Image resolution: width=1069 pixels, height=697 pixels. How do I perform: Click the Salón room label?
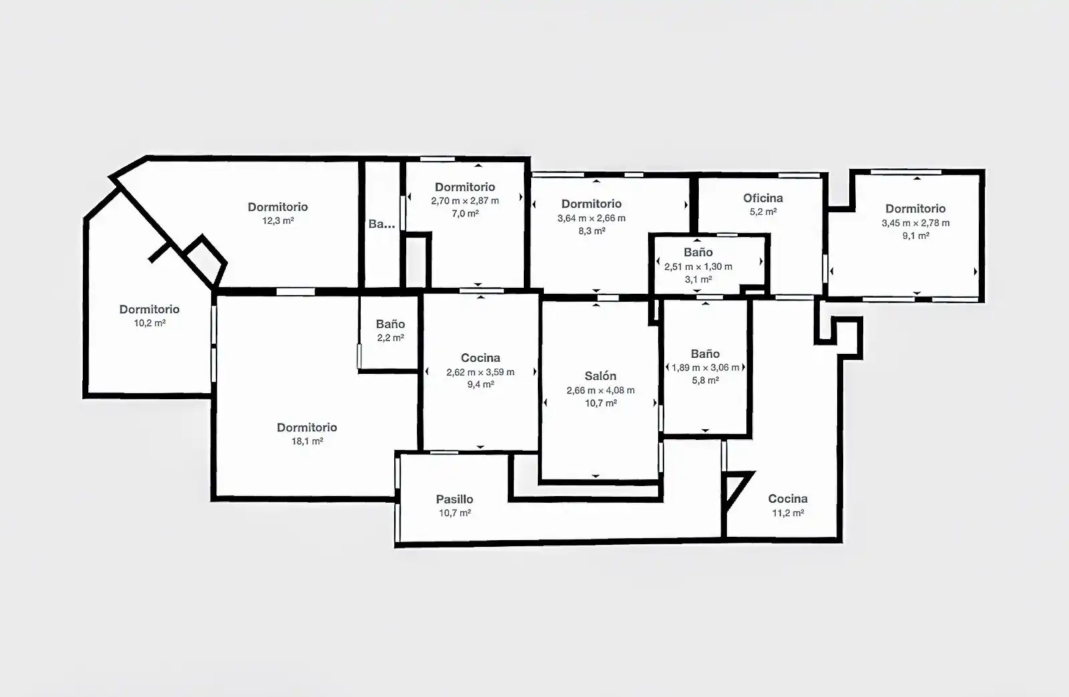click(601, 376)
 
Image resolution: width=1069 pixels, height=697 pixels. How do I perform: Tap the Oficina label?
click(762, 198)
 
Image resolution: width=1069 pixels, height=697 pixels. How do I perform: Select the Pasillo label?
click(454, 499)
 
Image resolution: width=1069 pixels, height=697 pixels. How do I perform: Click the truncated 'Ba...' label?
click(381, 224)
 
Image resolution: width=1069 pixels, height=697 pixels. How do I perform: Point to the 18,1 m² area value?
click(307, 441)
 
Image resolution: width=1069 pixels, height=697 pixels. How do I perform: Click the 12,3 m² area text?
click(278, 221)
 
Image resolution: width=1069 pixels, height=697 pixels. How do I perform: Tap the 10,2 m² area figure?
click(150, 322)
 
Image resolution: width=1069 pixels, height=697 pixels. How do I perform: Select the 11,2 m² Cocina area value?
click(788, 513)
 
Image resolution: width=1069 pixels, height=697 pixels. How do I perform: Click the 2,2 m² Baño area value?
click(390, 338)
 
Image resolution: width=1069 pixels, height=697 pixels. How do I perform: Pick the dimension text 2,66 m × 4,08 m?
click(601, 391)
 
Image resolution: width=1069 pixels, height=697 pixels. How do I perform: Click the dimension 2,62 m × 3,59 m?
click(480, 372)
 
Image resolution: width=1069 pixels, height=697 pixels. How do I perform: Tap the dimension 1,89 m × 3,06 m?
click(706, 368)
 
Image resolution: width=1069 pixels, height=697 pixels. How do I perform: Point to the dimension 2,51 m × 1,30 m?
click(698, 266)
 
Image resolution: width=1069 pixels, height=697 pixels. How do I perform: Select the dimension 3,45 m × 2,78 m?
click(915, 222)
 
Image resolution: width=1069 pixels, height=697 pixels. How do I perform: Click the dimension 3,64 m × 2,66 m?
click(591, 218)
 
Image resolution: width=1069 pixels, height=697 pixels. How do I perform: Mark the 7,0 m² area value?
click(465, 214)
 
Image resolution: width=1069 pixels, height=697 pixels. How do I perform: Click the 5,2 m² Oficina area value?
click(762, 212)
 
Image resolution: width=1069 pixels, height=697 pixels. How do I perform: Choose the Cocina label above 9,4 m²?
click(480, 358)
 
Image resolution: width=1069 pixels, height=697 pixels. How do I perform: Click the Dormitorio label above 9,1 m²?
click(915, 208)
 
